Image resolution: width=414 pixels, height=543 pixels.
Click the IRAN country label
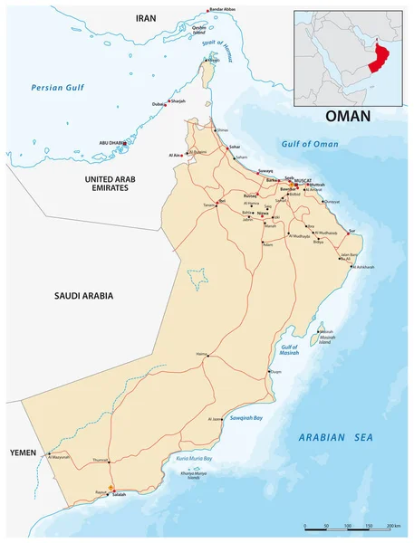point(146,17)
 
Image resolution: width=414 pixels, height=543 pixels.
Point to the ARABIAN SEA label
point(335,437)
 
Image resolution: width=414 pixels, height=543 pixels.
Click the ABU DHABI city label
point(114,143)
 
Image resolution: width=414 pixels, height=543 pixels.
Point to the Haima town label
point(201,353)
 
